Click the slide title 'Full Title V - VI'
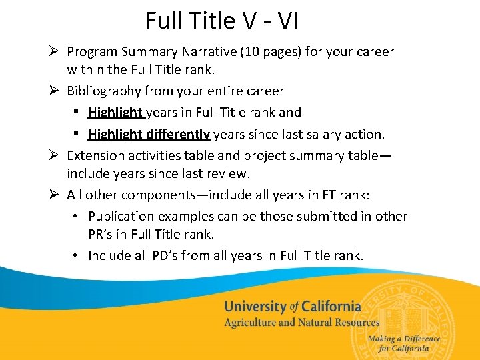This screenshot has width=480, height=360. (x=222, y=21)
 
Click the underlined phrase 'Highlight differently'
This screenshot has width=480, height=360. (x=149, y=134)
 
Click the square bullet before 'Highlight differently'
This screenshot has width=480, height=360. (x=77, y=135)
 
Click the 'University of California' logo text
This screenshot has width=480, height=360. (x=292, y=307)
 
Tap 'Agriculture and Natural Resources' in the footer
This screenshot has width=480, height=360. (x=301, y=323)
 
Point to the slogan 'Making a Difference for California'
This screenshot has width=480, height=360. (x=403, y=343)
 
